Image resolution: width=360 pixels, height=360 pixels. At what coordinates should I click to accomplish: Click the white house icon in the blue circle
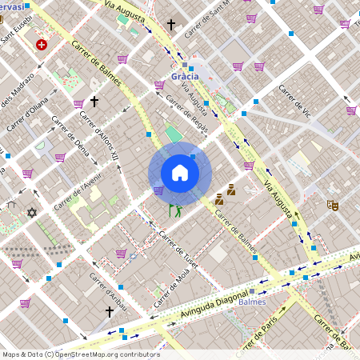point(180,173)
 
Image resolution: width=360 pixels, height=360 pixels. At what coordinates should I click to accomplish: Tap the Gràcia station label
point(185,77)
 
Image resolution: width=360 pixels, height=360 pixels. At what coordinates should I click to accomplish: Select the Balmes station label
point(252,302)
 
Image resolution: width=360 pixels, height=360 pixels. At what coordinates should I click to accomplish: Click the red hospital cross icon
point(41,45)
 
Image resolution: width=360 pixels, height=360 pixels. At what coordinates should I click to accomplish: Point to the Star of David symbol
point(32,213)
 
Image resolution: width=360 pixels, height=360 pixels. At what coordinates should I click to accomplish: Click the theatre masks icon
point(333,206)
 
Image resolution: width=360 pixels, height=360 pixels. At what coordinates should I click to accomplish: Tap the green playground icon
point(174,210)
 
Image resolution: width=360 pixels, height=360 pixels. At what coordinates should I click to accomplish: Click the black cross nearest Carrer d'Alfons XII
point(94,102)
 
